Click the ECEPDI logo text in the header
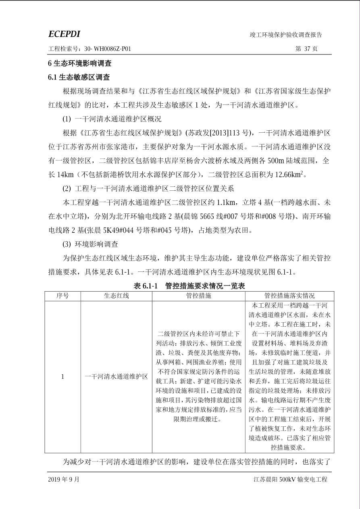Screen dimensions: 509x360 point(64,34)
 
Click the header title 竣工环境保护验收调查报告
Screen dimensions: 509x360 point(285,35)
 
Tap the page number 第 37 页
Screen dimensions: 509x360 point(306,49)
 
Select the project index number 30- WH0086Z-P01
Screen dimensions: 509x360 point(108,49)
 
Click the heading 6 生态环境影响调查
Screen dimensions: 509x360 point(80,63)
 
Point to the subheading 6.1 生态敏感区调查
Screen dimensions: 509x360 point(79,77)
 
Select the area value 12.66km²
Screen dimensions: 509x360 point(290,175)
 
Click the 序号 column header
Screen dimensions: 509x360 point(62,296)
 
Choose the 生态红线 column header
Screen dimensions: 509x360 point(116,296)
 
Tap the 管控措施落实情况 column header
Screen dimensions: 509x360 point(289,296)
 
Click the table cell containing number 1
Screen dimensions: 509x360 point(62,377)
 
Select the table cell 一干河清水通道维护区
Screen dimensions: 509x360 point(116,377)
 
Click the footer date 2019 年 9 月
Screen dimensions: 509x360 point(64,480)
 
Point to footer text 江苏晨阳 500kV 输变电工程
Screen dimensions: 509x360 point(290,480)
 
